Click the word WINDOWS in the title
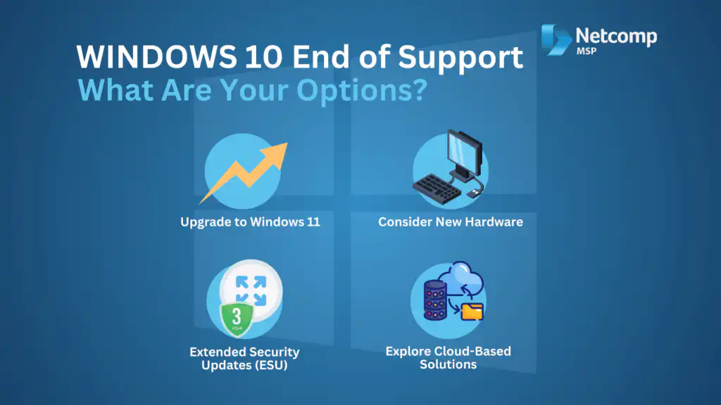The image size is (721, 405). (x=156, y=57)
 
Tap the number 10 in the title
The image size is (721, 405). (x=263, y=57)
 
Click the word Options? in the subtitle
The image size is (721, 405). (x=362, y=91)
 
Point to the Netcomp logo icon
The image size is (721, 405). (x=556, y=40)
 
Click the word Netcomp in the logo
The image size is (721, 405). (x=616, y=37)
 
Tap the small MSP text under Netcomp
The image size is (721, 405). (x=587, y=51)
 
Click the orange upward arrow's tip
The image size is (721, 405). (x=287, y=143)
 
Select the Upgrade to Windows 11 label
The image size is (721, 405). (x=250, y=222)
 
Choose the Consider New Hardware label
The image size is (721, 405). (x=451, y=222)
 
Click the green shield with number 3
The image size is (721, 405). (x=237, y=319)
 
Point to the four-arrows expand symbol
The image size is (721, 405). (x=251, y=290)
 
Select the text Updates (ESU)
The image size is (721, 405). (x=244, y=366)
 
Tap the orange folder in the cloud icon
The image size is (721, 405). (x=472, y=311)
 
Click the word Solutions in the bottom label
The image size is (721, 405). (x=449, y=365)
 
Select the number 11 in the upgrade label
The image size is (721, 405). (x=313, y=222)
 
